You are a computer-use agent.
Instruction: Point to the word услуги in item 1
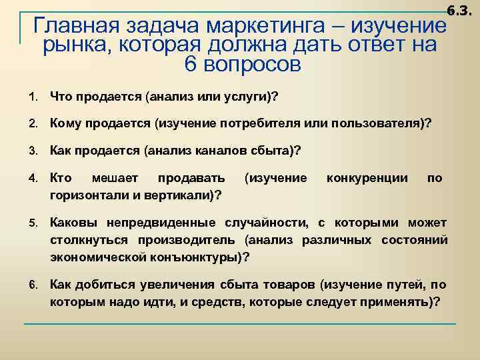coord(245,97)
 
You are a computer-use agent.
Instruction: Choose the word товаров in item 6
coord(289,285)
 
